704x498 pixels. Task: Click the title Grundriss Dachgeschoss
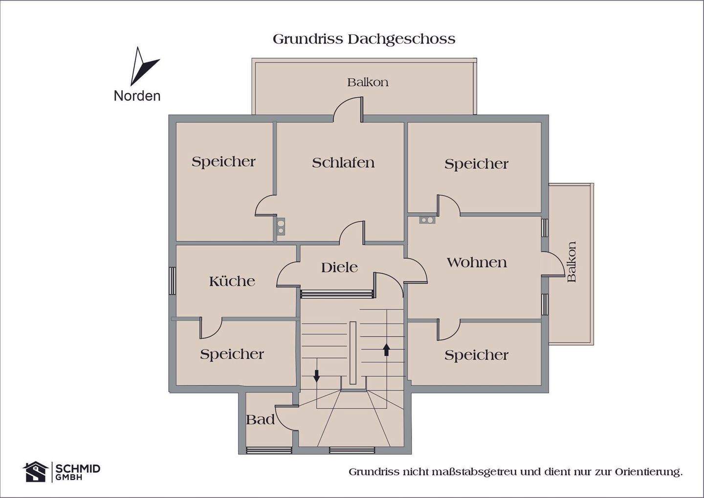tap(364, 39)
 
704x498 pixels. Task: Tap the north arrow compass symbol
tap(143, 66)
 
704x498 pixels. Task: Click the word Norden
tap(137, 96)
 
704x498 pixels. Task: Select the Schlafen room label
tap(343, 163)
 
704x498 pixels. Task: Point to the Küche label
tap(232, 281)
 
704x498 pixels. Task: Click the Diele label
tap(339, 267)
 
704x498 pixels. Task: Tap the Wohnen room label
tap(477, 262)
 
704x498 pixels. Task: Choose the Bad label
tap(260, 419)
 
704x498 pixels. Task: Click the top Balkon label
tap(368, 82)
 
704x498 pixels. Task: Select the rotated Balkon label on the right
tap(572, 262)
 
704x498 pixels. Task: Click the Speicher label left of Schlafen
tap(223, 161)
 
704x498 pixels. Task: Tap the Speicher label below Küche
tap(232, 354)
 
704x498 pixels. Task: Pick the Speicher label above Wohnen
tap(476, 164)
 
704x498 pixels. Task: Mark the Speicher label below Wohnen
tap(476, 355)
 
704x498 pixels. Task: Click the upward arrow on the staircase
tap(386, 349)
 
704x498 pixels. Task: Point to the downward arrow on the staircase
tap(316, 375)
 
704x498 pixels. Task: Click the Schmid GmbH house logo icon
tap(35, 472)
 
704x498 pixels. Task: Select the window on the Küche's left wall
tap(172, 281)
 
